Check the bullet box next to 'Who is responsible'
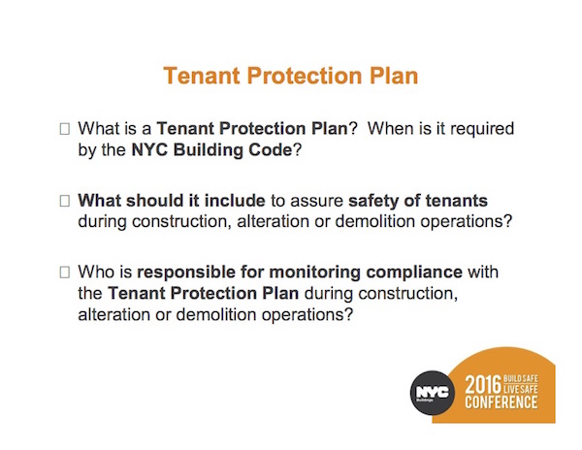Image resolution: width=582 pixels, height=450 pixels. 65,273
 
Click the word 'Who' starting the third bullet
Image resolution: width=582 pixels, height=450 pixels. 95,273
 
